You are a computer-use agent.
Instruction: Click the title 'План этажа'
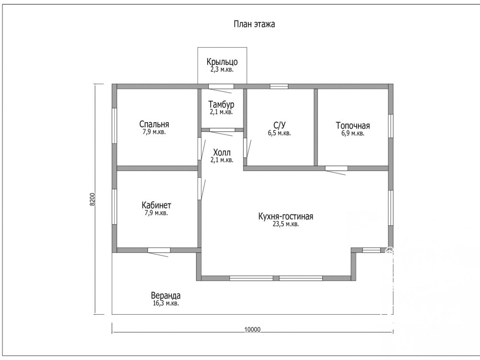(254, 24)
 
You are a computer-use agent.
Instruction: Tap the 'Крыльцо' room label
(222, 62)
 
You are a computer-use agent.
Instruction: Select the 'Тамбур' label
(221, 105)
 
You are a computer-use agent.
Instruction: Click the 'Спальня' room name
(154, 124)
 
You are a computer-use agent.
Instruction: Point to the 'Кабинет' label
(156, 205)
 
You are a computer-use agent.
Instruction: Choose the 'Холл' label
(222, 152)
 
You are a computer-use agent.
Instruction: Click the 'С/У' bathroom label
(279, 125)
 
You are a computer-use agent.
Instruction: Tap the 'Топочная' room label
(352, 126)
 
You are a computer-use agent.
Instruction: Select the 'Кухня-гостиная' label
(286, 216)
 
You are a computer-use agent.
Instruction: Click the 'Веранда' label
(166, 296)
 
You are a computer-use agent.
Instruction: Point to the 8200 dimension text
(93, 199)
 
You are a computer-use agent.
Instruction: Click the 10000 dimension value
(253, 329)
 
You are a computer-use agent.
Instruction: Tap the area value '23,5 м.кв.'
(286, 224)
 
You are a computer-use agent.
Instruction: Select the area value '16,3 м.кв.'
(166, 303)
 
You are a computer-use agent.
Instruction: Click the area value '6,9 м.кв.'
(352, 134)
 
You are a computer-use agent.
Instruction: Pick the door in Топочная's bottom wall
(336, 169)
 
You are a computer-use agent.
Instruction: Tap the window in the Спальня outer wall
(114, 126)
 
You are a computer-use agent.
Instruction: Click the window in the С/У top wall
(279, 86)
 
